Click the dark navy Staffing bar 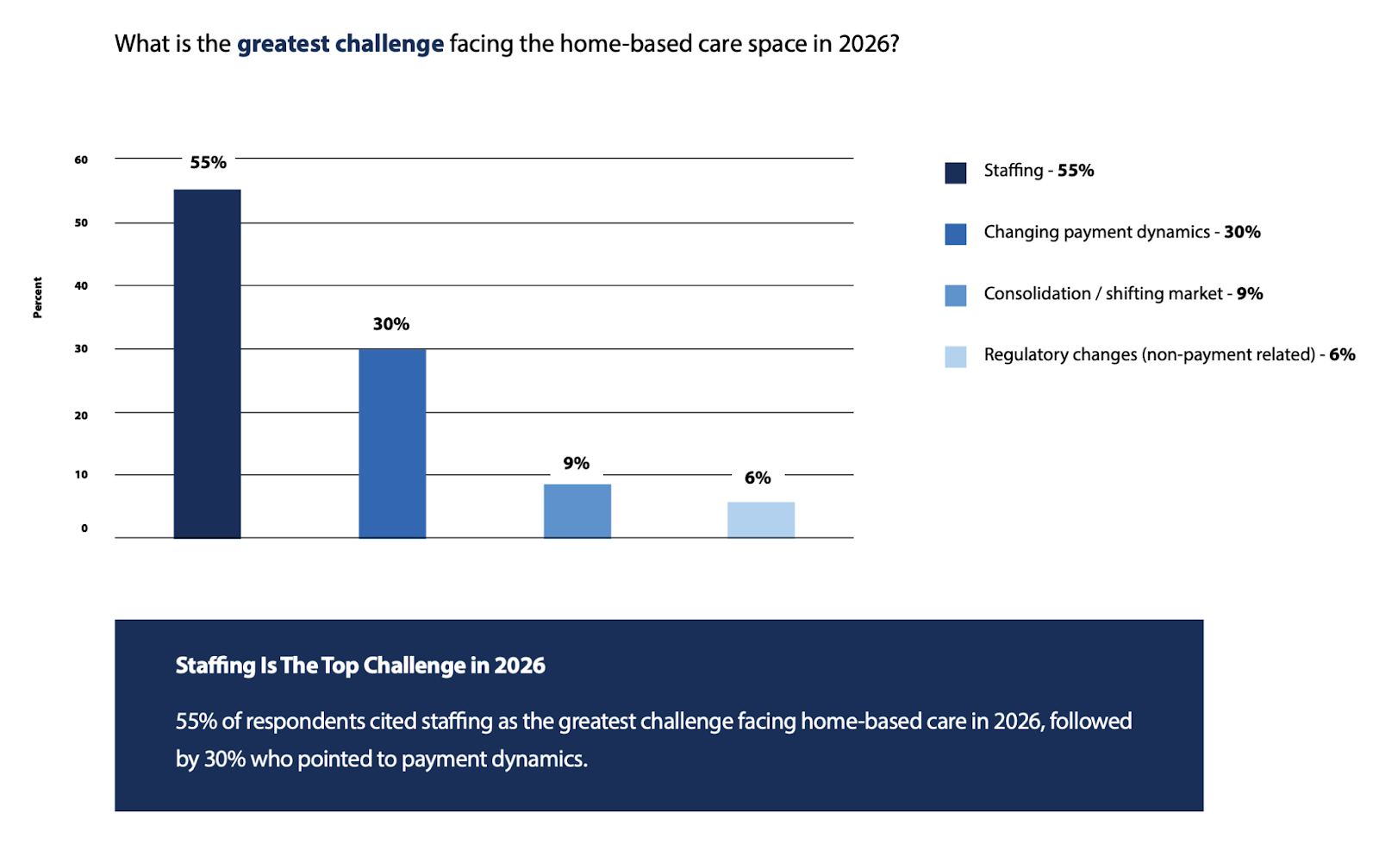point(207,363)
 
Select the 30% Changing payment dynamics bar point(392,443)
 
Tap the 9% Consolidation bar point(577,510)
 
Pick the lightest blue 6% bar point(760,520)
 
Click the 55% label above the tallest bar point(209,162)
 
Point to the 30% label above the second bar point(390,324)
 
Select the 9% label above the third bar point(576,464)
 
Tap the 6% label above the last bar point(758,478)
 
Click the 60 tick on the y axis point(81,159)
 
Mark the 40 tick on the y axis point(81,286)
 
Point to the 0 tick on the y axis point(84,528)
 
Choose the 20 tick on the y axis point(81,416)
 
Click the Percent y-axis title point(38,297)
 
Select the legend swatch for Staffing point(955,172)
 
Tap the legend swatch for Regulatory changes point(955,356)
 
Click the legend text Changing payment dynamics point(1096,232)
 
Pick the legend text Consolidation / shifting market point(1103,294)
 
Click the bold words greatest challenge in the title point(340,44)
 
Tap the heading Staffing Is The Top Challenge point(360,666)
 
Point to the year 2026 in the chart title point(865,44)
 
